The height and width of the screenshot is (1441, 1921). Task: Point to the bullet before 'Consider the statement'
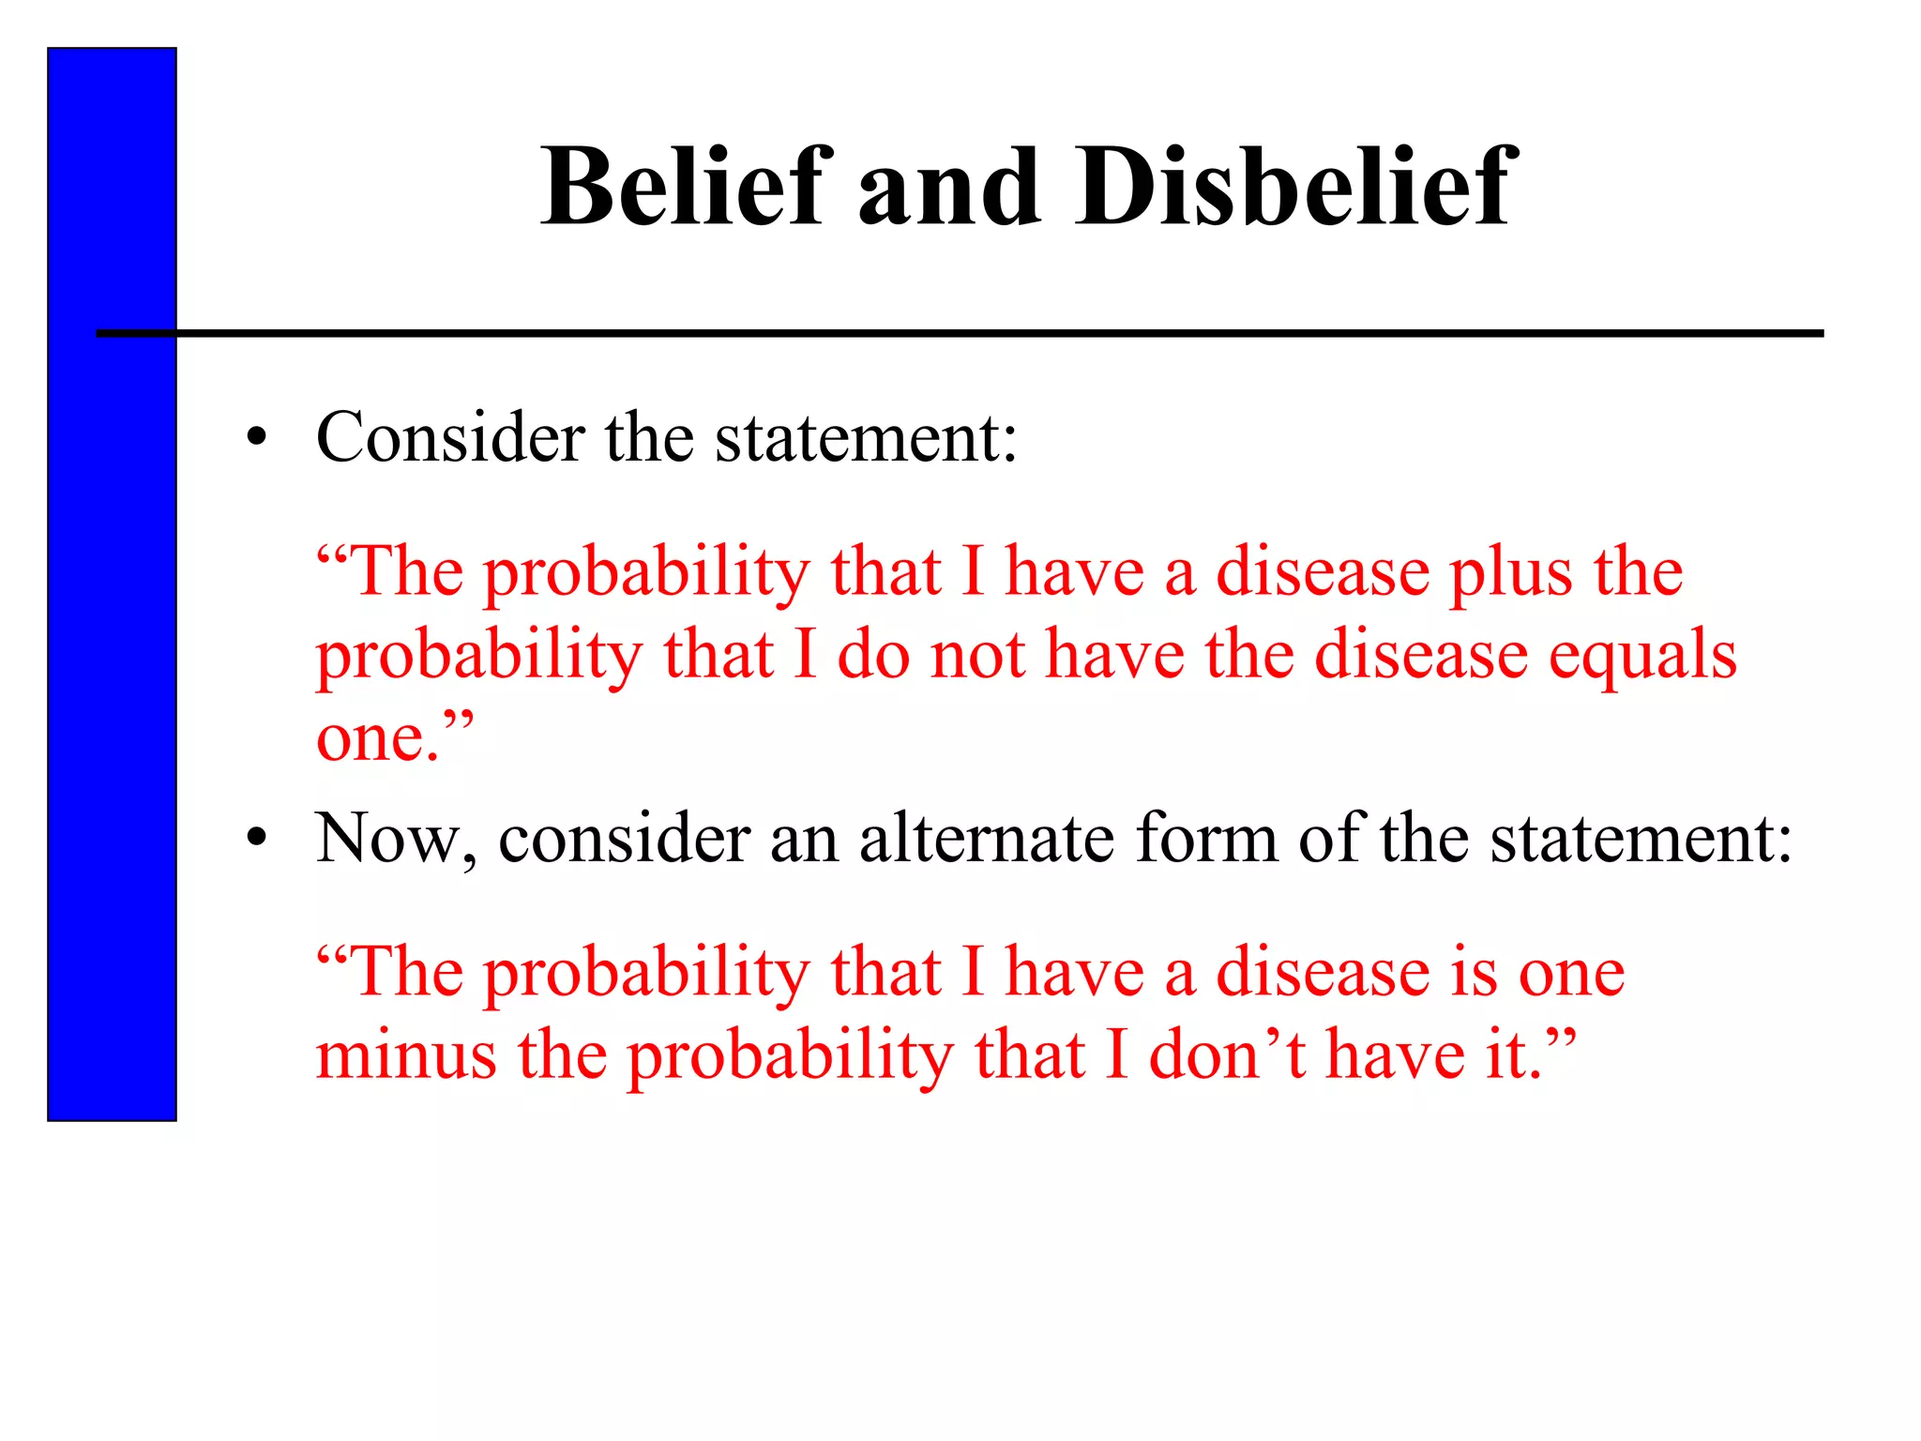click(x=257, y=438)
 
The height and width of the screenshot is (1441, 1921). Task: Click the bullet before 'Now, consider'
click(x=257, y=838)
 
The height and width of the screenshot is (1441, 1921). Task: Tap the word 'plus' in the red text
click(x=1509, y=574)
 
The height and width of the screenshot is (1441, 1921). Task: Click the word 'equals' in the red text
click(x=1642, y=657)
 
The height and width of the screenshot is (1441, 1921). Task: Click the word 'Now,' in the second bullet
click(x=395, y=838)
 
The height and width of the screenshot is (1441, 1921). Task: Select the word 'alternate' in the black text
click(x=986, y=838)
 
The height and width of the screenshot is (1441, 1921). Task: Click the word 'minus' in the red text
click(x=406, y=1054)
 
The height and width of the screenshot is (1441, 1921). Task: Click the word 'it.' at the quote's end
click(x=1512, y=1054)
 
